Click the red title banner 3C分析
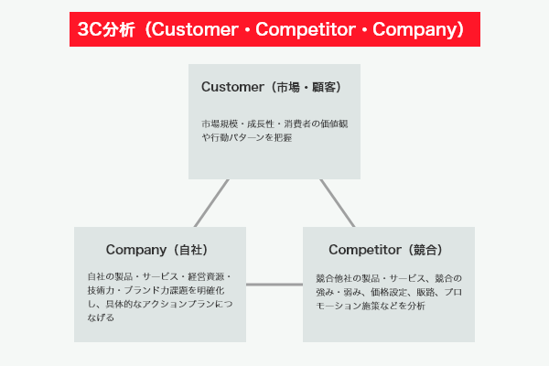pos(274,30)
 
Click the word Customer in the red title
pos(195,30)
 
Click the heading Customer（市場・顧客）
pos(271,87)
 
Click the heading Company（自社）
pos(162,249)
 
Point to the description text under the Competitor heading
pos(389,291)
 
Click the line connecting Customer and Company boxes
pos(210,202)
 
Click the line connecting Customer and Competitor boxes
pos(337,202)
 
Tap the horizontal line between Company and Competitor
pos(274,285)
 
